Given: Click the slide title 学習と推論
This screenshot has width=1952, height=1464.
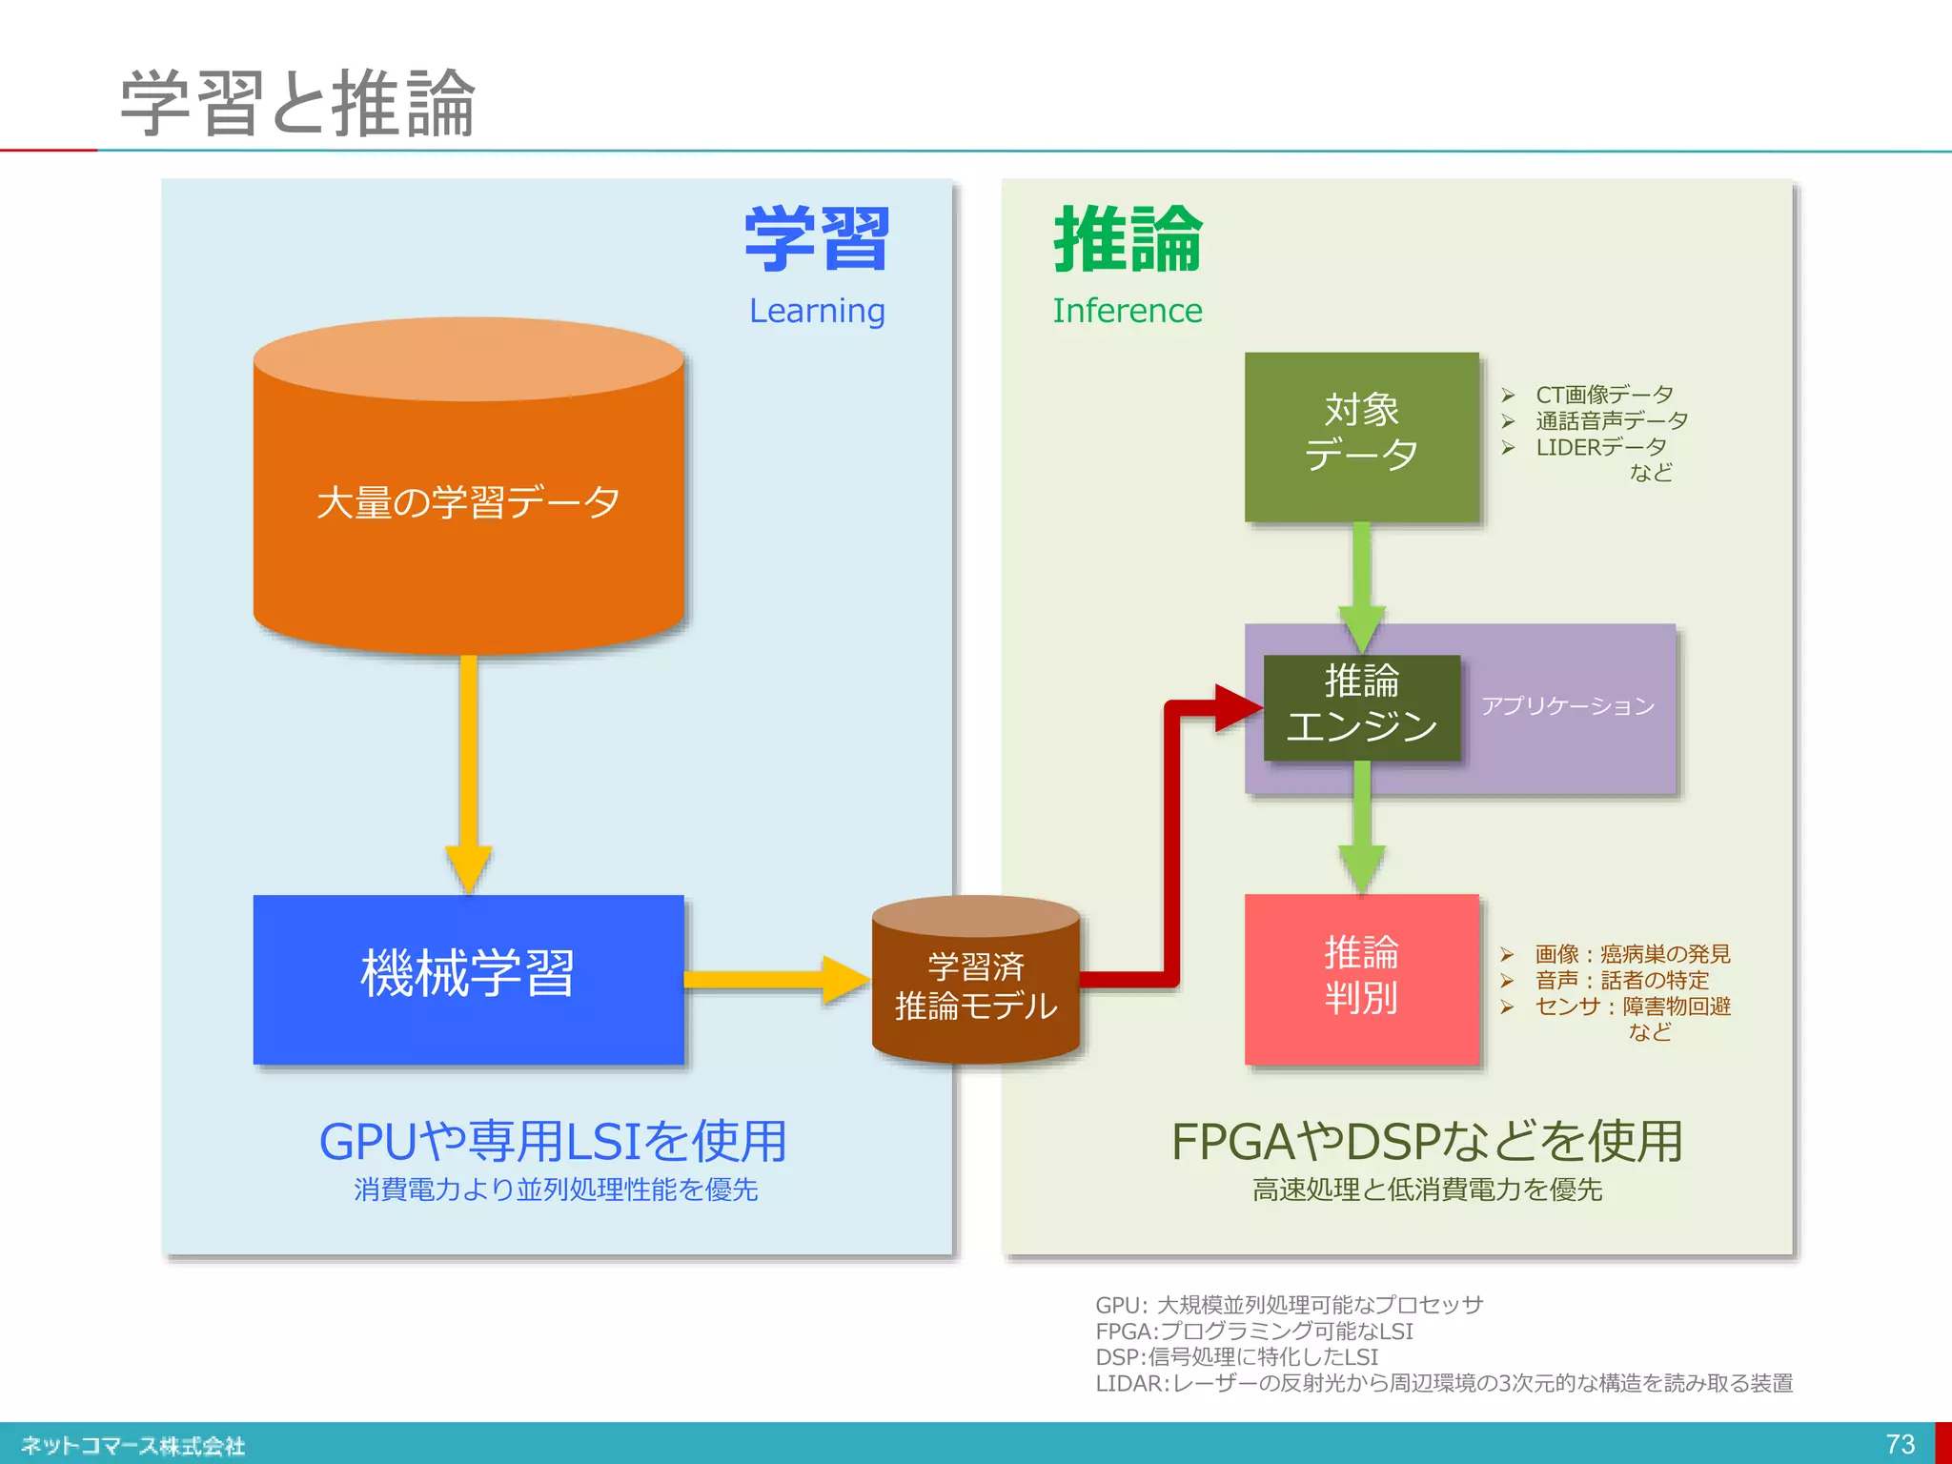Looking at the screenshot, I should click(x=297, y=103).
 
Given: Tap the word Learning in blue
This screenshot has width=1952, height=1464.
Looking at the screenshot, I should click(x=817, y=311).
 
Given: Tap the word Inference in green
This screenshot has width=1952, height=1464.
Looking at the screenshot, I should click(x=1127, y=311).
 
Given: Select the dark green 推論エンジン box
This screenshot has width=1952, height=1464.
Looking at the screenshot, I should click(x=1361, y=706).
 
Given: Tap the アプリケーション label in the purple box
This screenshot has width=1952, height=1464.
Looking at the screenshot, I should click(x=1567, y=706).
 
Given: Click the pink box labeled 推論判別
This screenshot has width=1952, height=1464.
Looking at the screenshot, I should click(x=1361, y=978).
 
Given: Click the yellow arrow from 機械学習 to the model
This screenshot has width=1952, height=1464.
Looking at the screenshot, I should click(x=772, y=979).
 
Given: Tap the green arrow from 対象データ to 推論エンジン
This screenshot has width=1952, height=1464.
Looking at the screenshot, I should click(x=1362, y=581).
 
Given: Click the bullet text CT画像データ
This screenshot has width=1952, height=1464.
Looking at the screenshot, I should click(x=1604, y=395).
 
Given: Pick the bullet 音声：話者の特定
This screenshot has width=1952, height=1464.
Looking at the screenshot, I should click(x=1621, y=980).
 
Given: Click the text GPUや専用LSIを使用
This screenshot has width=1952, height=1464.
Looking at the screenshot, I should click(x=553, y=1142).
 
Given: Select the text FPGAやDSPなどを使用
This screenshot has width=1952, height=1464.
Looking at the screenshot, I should click(x=1427, y=1142).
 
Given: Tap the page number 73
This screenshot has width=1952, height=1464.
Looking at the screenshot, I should click(x=1900, y=1444).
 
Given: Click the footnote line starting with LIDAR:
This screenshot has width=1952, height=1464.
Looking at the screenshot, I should click(x=1443, y=1383).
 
